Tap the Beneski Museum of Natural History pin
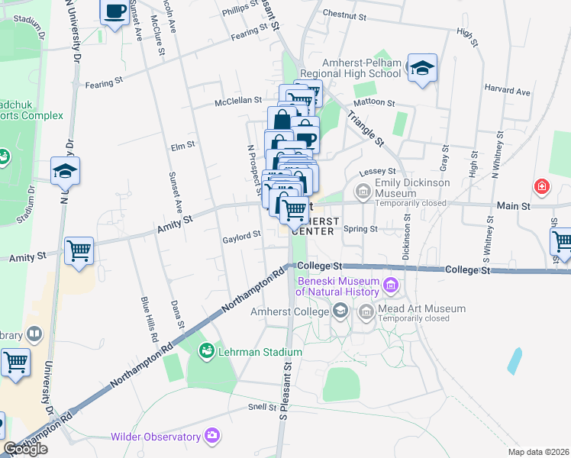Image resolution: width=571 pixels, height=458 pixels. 392,286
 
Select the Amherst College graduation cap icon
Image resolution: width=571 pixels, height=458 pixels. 340,310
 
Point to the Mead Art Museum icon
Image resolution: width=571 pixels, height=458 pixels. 366,310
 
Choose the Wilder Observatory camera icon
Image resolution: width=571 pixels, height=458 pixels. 212,437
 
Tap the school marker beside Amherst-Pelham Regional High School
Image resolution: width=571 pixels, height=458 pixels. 422,68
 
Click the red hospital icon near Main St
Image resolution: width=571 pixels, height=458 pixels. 541,186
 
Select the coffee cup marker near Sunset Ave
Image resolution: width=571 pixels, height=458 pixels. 115,12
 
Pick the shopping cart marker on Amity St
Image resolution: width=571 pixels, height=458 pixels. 79,250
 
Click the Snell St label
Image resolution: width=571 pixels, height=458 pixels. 261,408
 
